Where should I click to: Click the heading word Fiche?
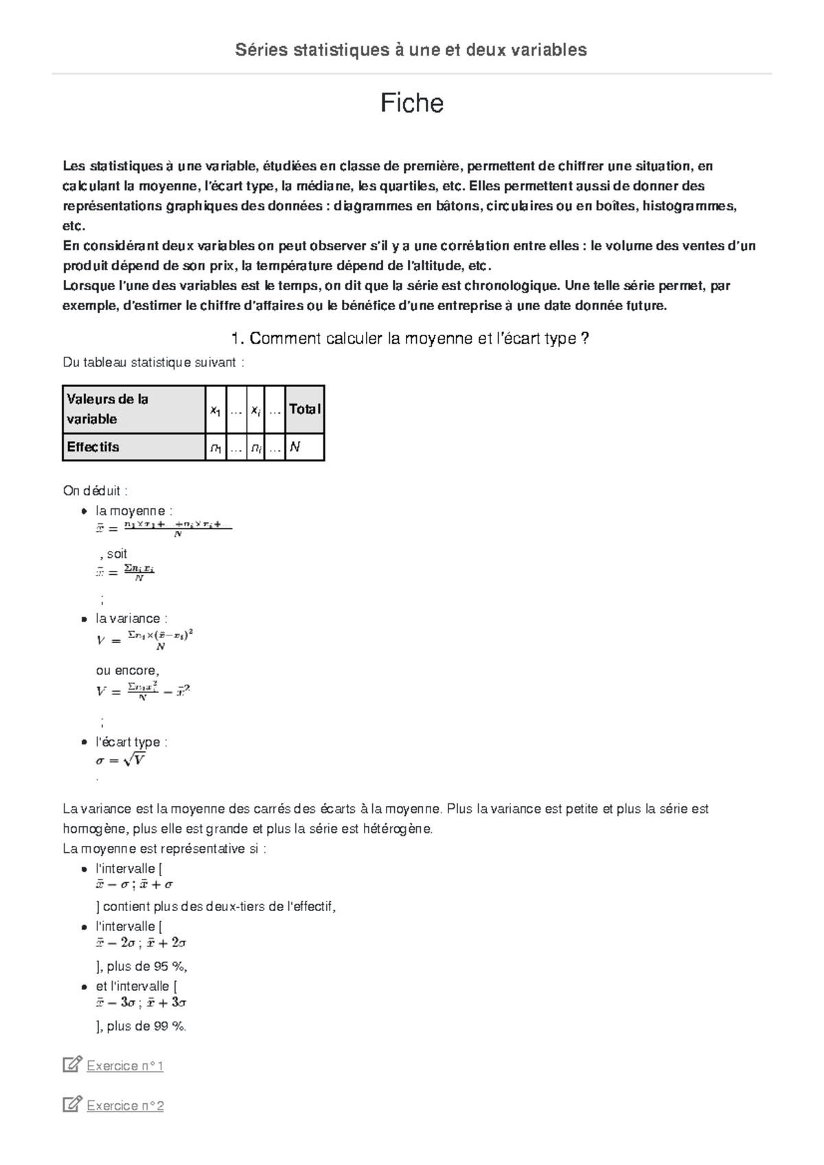tap(412, 104)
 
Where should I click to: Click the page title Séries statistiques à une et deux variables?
tap(411, 49)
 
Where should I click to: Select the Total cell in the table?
tap(304, 409)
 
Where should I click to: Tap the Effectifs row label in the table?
tap(93, 447)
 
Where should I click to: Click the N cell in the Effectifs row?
tap(295, 447)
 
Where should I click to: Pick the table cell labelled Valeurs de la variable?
tap(107, 409)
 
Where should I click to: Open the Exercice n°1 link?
tap(125, 1066)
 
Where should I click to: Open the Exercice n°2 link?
tap(125, 1105)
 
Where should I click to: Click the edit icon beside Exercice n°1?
tap(71, 1065)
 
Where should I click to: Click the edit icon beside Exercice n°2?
tap(71, 1105)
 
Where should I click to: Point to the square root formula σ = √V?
tap(120, 760)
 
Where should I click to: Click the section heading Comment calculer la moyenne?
tap(411, 339)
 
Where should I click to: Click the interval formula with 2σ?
tap(141, 943)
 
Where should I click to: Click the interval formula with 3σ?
tap(141, 1002)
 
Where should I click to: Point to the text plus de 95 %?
tap(146, 967)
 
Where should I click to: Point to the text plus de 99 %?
tap(146, 1026)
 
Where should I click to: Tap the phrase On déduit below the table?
tap(95, 491)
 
